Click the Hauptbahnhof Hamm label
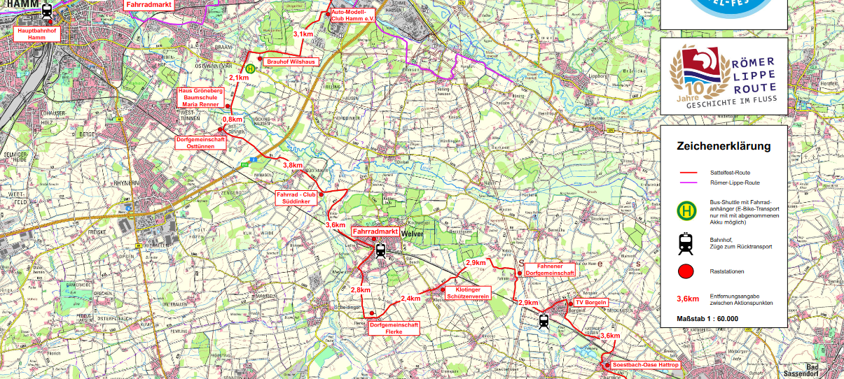36,34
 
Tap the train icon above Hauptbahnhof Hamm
46,12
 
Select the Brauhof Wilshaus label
291,62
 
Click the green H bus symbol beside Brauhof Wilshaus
251,69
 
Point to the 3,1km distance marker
303,34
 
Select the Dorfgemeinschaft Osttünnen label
201,143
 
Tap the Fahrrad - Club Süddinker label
297,197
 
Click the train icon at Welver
380,250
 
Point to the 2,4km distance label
410,299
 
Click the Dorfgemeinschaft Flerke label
394,329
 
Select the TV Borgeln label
590,303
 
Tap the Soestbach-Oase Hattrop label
646,365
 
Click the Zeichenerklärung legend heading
724,146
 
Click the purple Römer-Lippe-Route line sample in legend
691,183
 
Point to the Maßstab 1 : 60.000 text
707,319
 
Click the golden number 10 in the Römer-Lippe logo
693,89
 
